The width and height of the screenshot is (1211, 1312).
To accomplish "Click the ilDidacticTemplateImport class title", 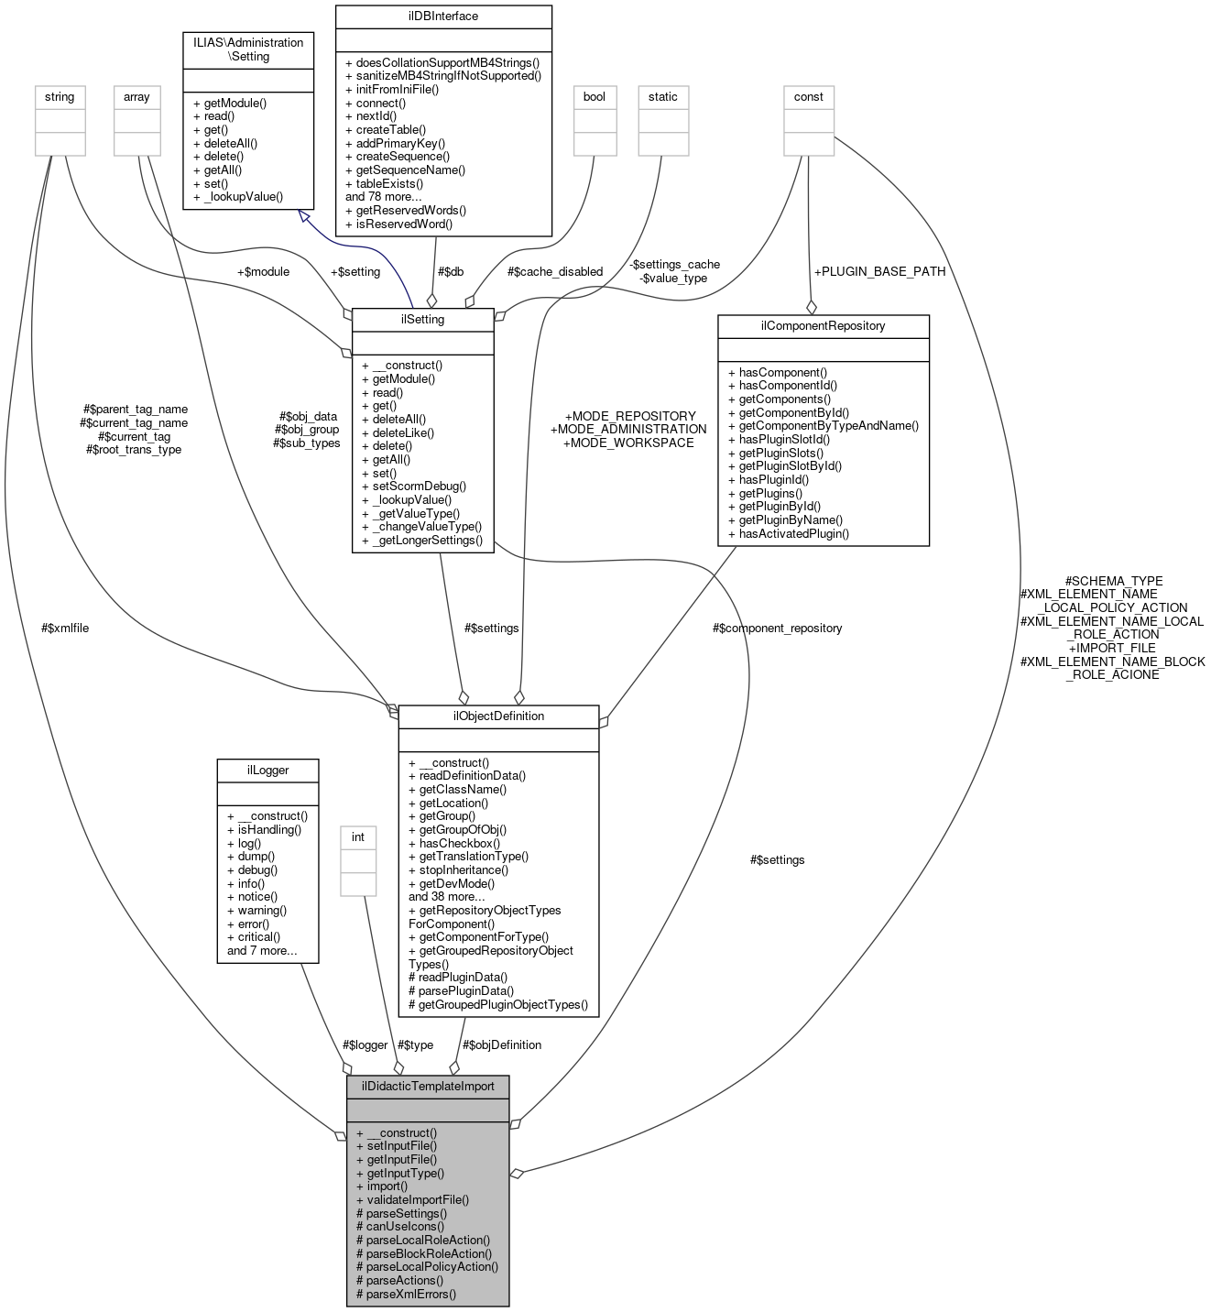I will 428,1087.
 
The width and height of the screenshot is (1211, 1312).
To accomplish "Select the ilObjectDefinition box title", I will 498,716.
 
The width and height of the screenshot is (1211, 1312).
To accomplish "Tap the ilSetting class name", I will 422,320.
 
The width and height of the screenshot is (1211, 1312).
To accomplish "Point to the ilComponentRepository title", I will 823,326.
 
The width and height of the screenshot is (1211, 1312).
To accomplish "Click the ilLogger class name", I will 267,771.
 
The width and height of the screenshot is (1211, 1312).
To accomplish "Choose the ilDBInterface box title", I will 443,16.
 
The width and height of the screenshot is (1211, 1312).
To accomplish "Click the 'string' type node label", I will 60,97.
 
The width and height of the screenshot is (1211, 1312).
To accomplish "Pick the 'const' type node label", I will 809,97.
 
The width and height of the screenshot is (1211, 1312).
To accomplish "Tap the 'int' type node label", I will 358,837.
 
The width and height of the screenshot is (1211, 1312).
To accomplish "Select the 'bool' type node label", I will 595,97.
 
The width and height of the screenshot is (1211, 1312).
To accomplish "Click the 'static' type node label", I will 663,97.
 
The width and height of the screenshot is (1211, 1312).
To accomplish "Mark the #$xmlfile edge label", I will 65,629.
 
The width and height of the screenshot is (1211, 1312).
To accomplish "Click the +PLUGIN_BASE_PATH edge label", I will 879,272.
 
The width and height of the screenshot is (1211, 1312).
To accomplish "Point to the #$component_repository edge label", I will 777,629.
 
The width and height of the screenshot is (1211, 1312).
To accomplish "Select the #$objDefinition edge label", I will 502,1045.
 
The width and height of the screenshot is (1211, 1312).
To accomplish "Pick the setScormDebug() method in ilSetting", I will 420,487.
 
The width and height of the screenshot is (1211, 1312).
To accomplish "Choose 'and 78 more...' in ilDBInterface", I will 384,197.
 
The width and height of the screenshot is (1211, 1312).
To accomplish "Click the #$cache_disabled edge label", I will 555,272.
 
